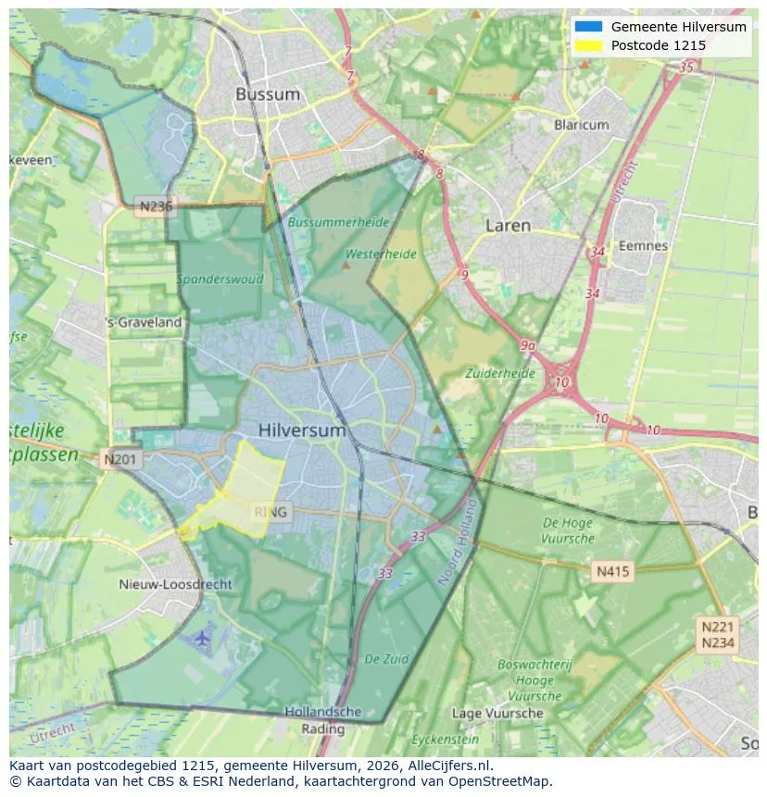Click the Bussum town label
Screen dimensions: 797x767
pos(268,93)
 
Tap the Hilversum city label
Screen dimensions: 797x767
pos(302,430)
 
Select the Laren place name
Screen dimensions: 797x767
pos(508,225)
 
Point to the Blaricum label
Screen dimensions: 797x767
pos(581,124)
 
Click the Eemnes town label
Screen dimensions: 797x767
pos(643,245)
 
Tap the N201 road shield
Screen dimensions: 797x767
pos(121,458)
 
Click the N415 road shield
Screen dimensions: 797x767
pos(612,571)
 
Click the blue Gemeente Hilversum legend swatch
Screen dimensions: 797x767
pos(587,27)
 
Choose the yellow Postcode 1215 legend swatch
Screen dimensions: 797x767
pos(587,45)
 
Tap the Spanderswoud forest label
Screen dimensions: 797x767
pos(220,279)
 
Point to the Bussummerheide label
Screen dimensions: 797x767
pos(338,222)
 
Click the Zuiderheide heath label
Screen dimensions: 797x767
pos(501,373)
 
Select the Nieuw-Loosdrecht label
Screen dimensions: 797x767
pos(176,584)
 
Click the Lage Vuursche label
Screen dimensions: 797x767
pos(497,713)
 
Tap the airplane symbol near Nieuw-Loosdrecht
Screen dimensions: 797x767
pos(203,638)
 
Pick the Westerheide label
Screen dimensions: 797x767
pos(380,253)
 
